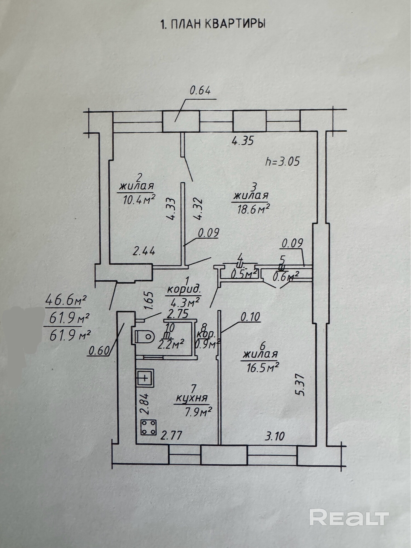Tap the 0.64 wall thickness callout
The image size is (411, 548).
[x=200, y=91]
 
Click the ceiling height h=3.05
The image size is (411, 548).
[x=283, y=161]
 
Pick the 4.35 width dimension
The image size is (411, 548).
[x=243, y=141]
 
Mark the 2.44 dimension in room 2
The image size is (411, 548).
[x=143, y=250]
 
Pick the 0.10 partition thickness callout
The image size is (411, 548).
[x=250, y=317]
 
